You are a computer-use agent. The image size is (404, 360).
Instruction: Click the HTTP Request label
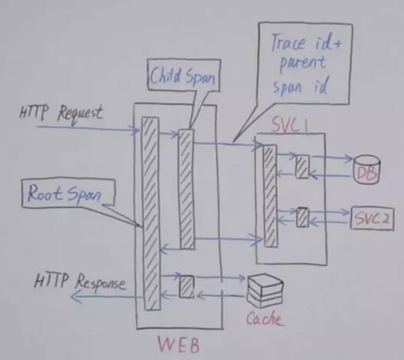click(x=62, y=114)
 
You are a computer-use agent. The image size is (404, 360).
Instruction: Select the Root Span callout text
click(x=64, y=193)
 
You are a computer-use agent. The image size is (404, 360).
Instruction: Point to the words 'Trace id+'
click(x=306, y=43)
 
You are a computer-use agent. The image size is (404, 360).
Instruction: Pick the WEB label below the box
click(x=178, y=345)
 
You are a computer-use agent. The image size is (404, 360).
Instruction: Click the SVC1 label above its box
click(x=290, y=126)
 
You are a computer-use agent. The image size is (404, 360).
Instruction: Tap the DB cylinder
click(x=367, y=169)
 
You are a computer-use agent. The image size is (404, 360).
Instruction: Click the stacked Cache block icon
click(x=265, y=291)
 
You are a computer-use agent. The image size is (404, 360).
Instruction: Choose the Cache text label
click(x=264, y=319)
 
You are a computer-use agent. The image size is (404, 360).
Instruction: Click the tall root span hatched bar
click(x=151, y=214)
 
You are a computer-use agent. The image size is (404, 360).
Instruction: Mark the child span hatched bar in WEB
click(x=187, y=189)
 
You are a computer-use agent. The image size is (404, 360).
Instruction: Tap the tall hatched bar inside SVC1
click(x=270, y=196)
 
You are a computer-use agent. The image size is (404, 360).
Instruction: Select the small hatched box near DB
click(x=302, y=167)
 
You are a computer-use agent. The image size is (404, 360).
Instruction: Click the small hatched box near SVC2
click(x=302, y=218)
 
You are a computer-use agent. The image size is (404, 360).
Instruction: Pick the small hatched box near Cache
click(x=187, y=287)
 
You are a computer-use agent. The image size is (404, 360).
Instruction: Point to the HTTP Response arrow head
click(x=72, y=297)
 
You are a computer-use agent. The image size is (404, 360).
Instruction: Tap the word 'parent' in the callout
click(x=303, y=64)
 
